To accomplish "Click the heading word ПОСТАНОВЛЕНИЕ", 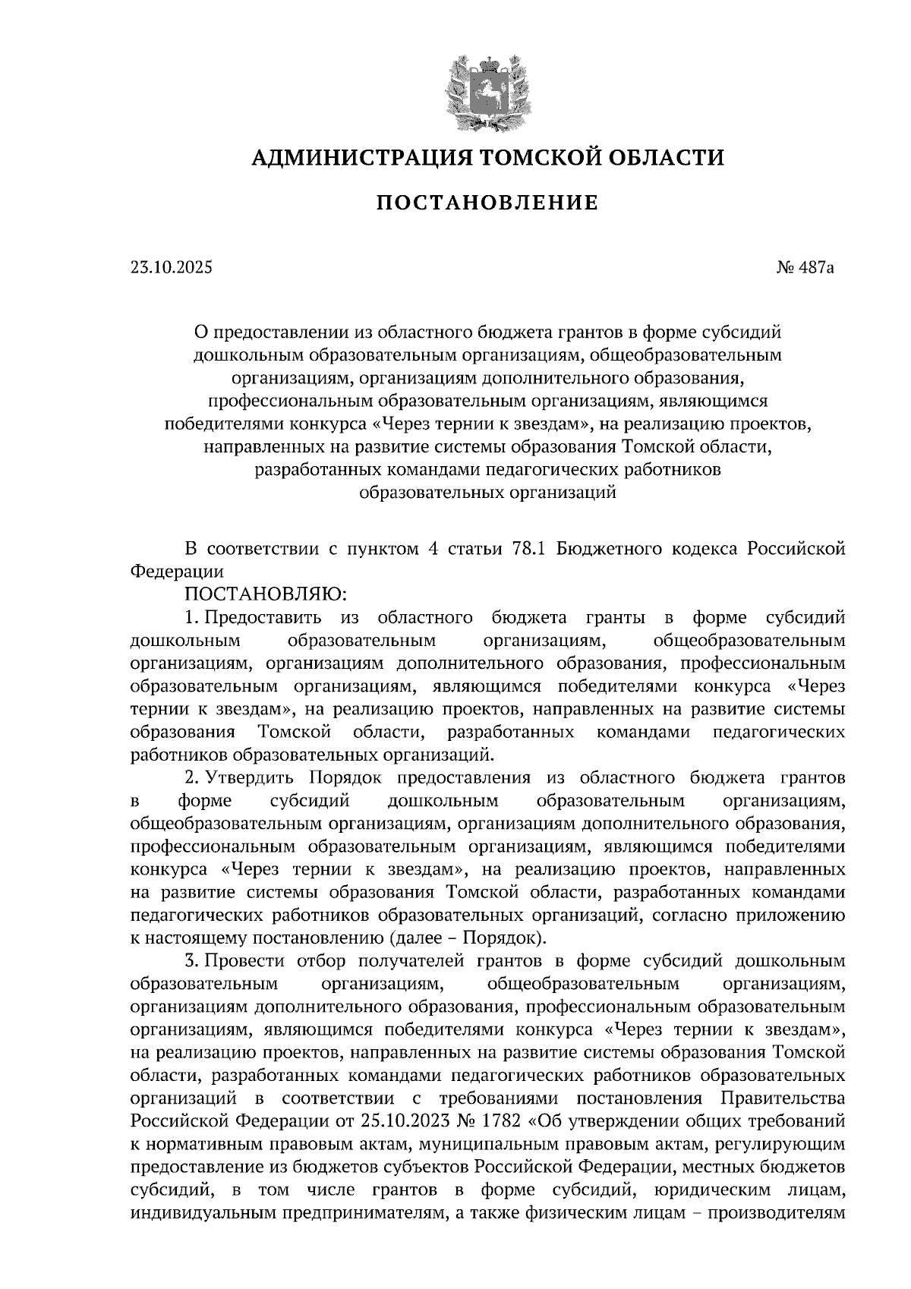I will pos(487,203).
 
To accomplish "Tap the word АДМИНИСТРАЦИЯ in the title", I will pos(355,157).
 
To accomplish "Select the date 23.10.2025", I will pos(172,267).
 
